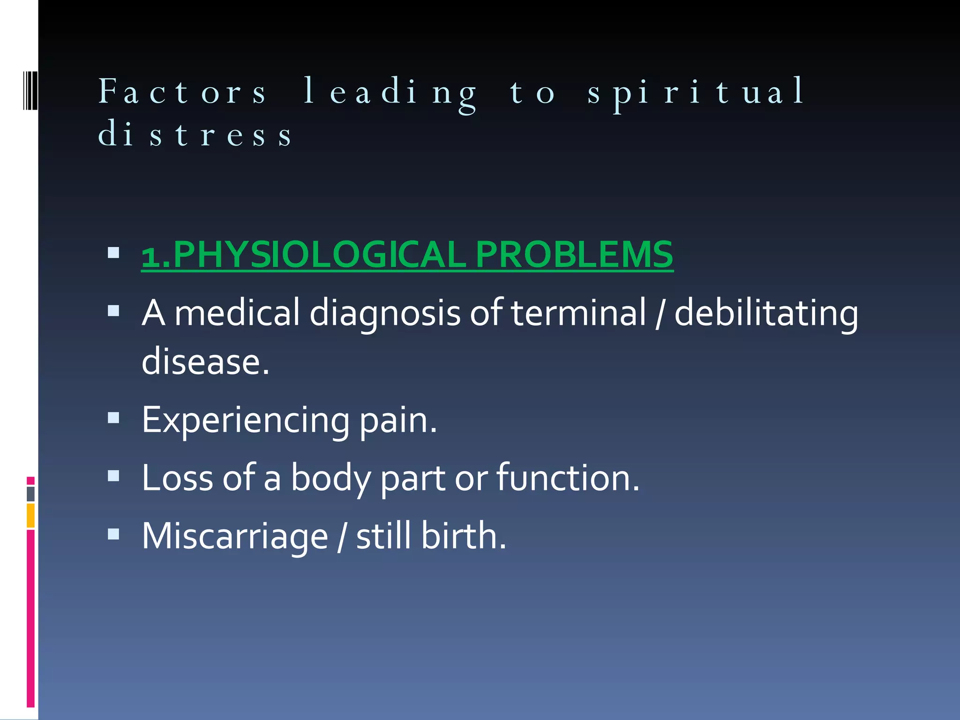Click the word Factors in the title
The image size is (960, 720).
[182, 91]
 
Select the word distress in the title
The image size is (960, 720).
[195, 134]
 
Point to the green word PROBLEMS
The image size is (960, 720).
[574, 255]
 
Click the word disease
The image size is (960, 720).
[205, 362]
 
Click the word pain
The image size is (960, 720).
[398, 420]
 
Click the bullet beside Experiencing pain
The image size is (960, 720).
[113, 418]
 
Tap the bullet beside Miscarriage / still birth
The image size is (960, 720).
[113, 534]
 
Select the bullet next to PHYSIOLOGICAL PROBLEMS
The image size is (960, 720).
[113, 253]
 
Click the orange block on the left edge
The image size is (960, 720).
[30, 515]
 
